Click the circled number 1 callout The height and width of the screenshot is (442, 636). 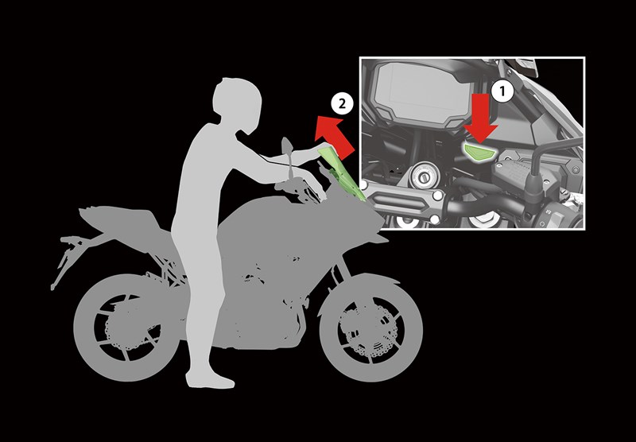tap(500, 91)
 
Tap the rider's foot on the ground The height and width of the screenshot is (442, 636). tap(210, 381)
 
